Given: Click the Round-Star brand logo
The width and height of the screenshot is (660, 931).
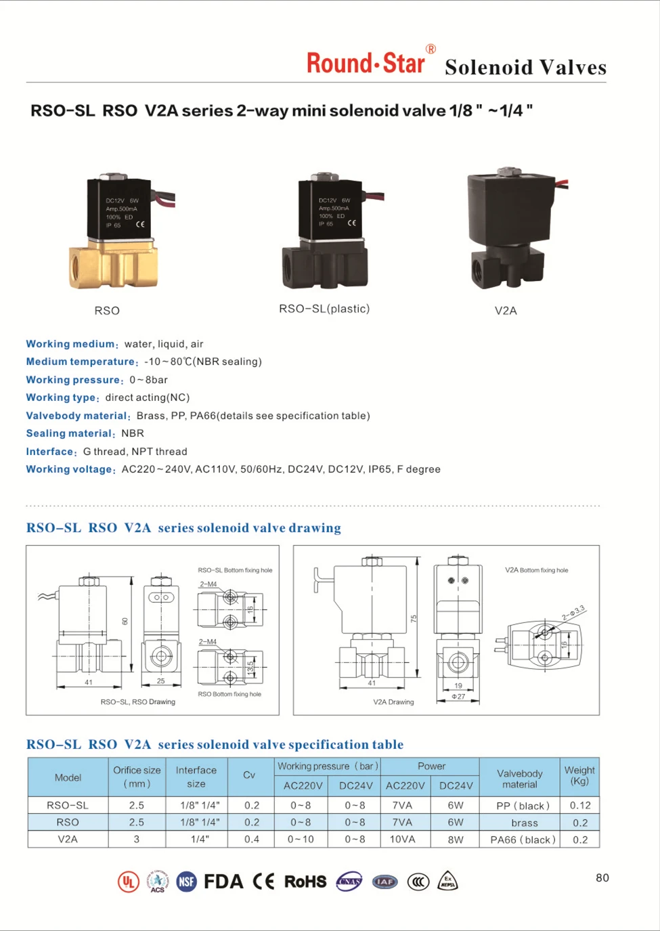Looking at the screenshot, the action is coord(366,63).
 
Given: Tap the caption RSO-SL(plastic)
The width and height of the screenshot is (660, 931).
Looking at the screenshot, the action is coord(324,309).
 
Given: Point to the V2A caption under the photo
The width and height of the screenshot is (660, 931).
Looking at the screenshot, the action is coord(506,311).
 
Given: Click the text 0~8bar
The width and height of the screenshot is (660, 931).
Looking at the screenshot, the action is coord(149,380).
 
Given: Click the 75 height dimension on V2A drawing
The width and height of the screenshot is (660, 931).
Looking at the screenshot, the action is coord(414,619).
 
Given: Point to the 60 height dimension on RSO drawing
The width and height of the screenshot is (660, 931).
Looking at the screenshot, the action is coord(125,621).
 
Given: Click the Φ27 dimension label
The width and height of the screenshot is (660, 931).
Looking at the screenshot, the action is coord(458,696).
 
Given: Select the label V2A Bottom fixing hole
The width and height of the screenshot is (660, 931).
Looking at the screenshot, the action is coord(536,570).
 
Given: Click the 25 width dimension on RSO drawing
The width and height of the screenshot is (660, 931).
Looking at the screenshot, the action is coord(161,681).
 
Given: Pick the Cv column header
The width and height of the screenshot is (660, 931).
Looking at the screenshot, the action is coord(249,775).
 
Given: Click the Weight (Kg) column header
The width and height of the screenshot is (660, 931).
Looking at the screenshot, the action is coord(579,775).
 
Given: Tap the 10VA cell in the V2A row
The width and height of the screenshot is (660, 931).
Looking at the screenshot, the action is coord(402,840).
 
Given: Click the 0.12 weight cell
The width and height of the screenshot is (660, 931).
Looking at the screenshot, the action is coord(580,805).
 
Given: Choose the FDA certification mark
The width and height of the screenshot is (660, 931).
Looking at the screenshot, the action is coord(223,882).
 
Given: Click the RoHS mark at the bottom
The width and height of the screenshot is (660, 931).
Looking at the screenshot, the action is coord(305,882).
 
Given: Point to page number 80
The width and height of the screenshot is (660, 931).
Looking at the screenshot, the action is coord(602,878).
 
